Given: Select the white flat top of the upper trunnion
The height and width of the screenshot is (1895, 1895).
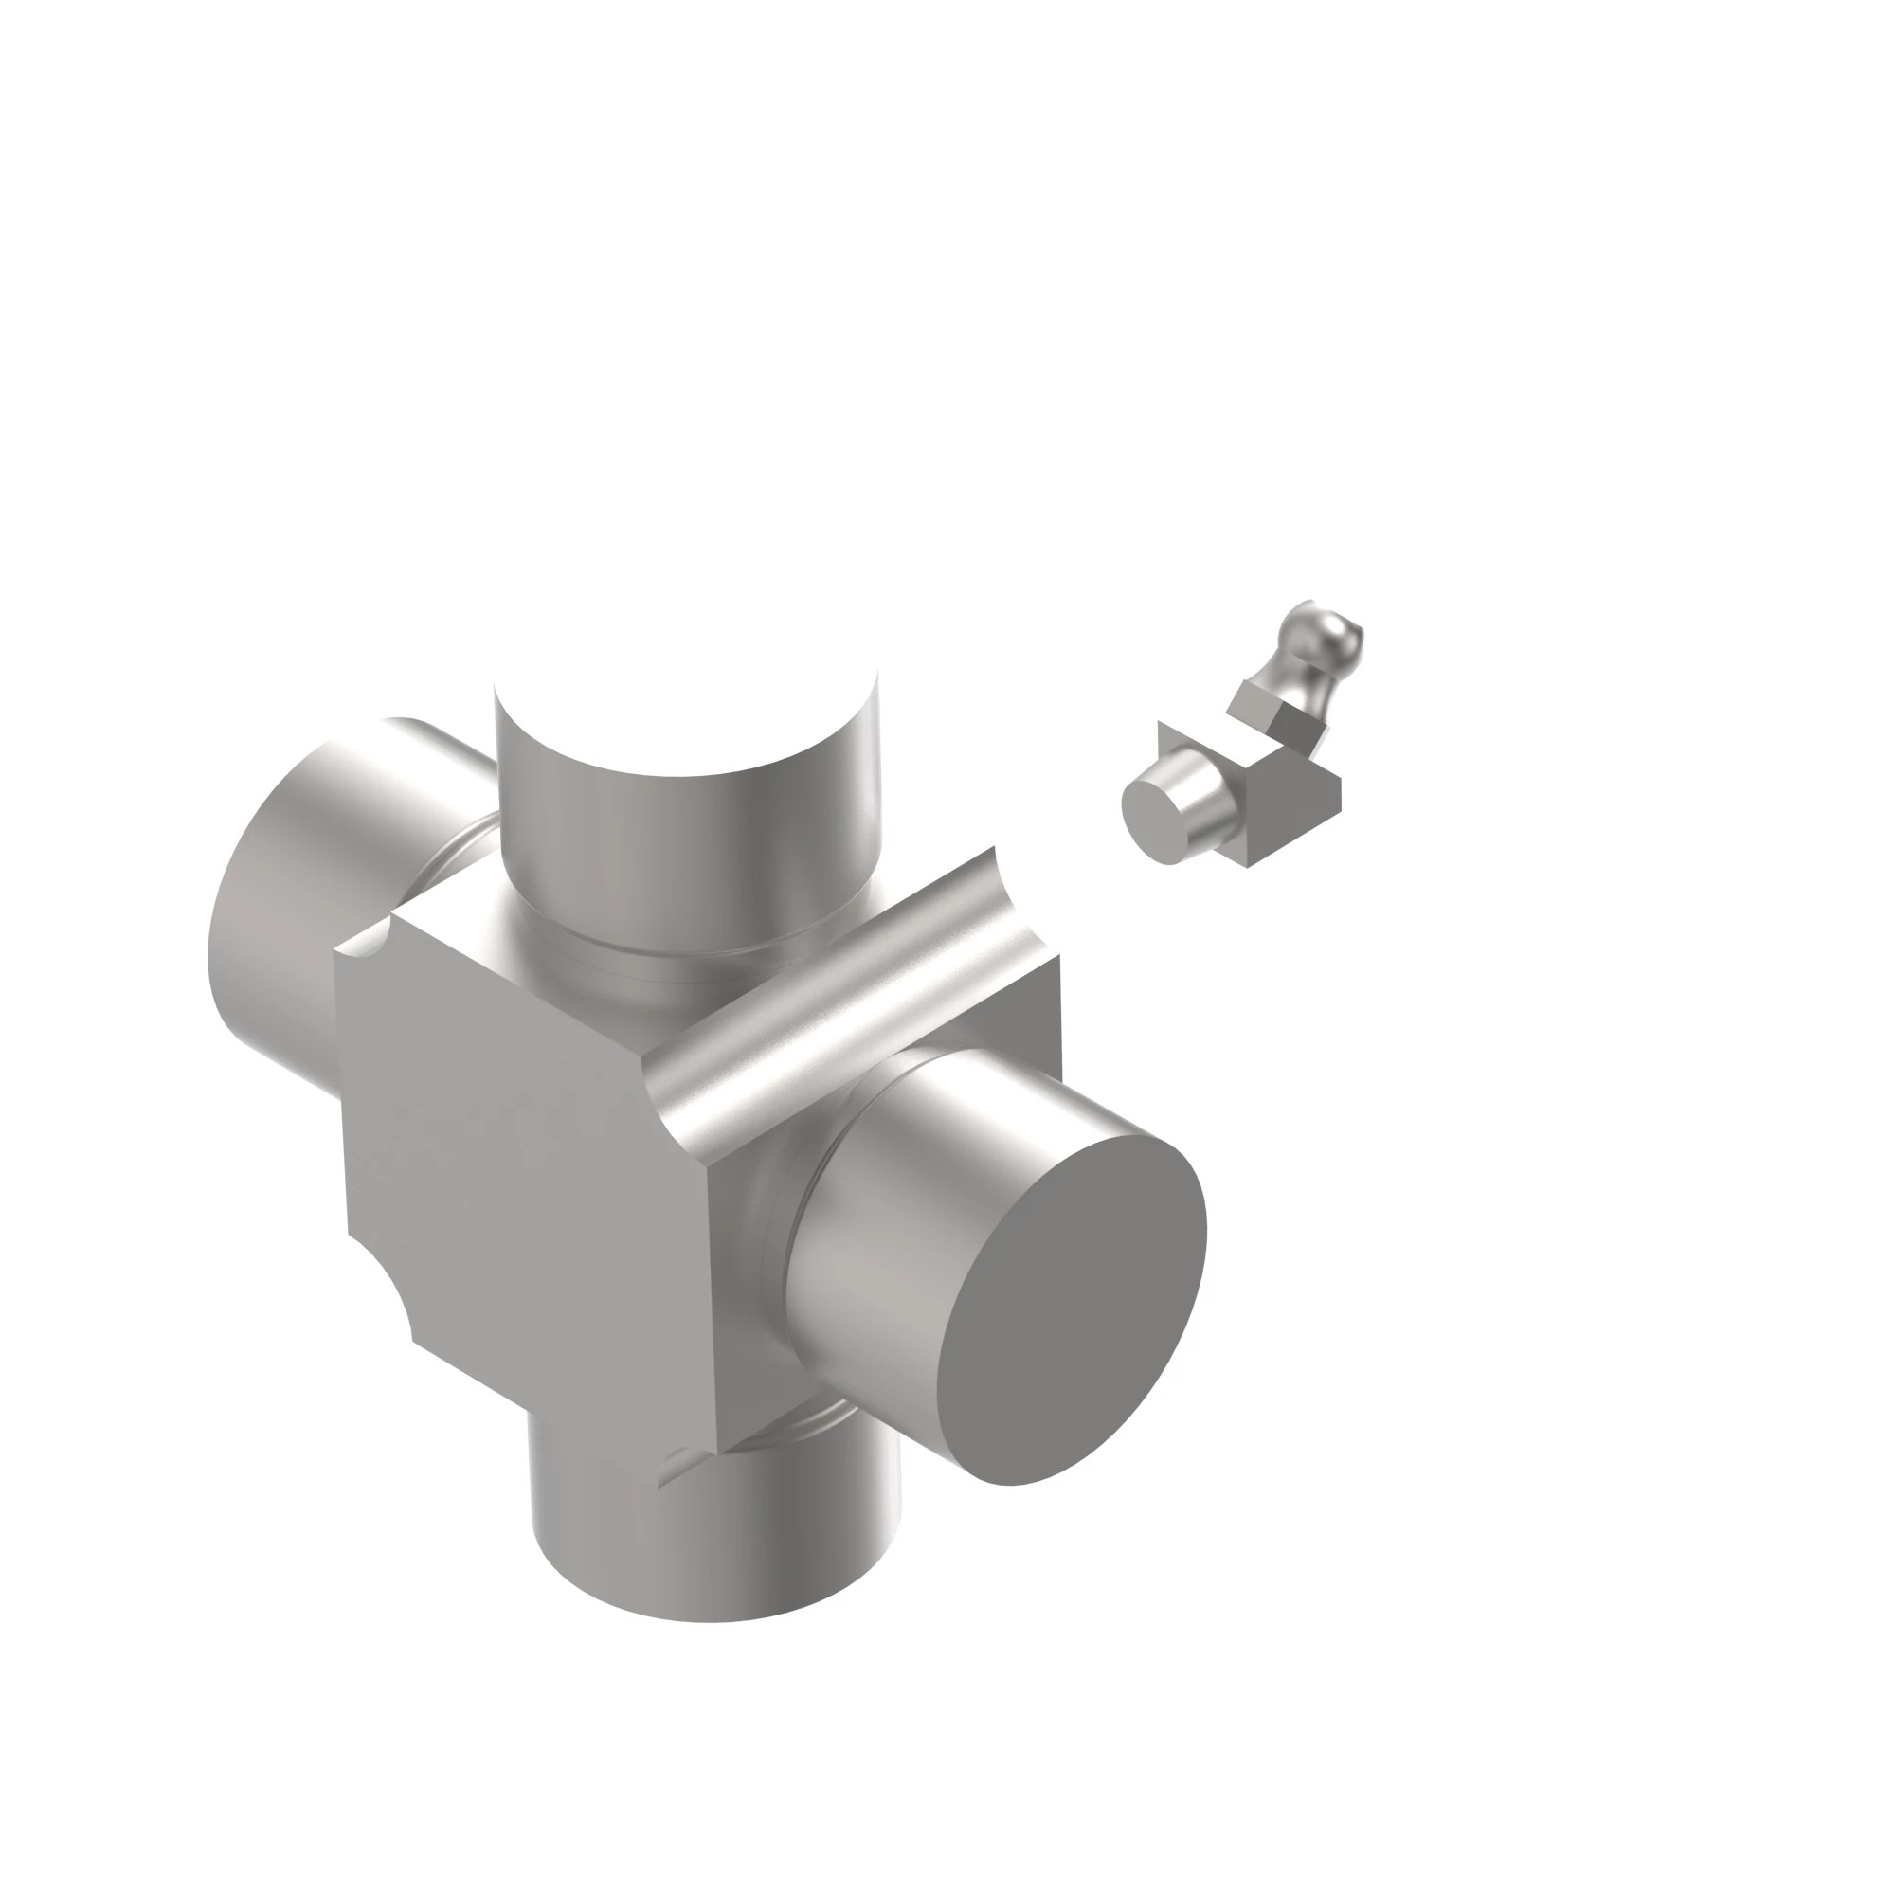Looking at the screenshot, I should (687, 687).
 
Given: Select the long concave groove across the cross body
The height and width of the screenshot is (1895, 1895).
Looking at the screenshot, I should (843, 1001).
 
